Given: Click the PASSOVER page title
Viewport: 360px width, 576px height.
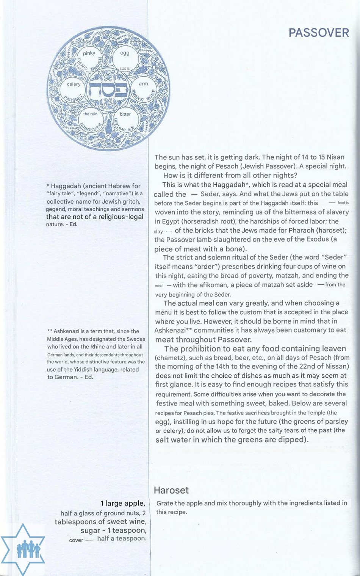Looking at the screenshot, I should [x=318, y=33].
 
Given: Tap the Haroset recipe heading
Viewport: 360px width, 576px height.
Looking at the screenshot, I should [x=171, y=490].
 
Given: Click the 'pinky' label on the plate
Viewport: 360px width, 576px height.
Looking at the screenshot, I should [x=89, y=53].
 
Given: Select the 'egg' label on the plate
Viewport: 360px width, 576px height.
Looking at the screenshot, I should [x=125, y=53].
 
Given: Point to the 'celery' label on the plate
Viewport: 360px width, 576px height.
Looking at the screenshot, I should [x=74, y=84].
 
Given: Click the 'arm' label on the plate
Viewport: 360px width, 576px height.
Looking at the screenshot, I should [x=143, y=84].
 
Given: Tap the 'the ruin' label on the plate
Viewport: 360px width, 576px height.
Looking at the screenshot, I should [x=90, y=114].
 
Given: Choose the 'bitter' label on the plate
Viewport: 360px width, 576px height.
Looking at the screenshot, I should [x=125, y=114].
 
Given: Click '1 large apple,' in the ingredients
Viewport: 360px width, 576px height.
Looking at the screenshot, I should [x=123, y=504].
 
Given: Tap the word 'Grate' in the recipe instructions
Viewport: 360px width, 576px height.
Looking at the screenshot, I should [x=165, y=503].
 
